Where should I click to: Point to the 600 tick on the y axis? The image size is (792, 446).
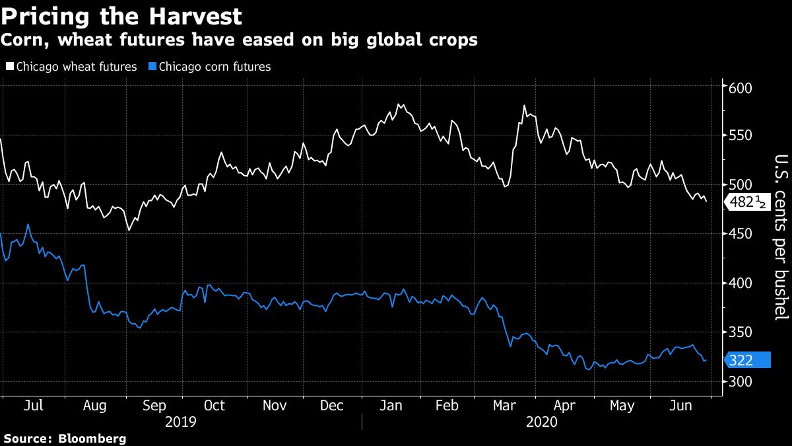[741, 88]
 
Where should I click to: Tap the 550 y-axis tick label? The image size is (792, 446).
[741, 136]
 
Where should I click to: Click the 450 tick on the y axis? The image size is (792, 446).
[741, 234]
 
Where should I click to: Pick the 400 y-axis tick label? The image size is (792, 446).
[741, 283]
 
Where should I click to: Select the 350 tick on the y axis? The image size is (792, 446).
[741, 332]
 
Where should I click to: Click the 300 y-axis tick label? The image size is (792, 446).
[741, 381]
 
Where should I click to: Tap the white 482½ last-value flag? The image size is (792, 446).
[748, 202]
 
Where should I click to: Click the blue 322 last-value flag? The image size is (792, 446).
[748, 360]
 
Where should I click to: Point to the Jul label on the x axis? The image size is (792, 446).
[33, 406]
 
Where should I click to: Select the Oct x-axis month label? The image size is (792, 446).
[214, 406]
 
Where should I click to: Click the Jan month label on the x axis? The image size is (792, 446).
[392, 406]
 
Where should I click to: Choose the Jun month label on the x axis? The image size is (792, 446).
[680, 406]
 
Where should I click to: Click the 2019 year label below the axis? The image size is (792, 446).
[180, 422]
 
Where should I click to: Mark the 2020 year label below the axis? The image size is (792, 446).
[542, 422]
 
